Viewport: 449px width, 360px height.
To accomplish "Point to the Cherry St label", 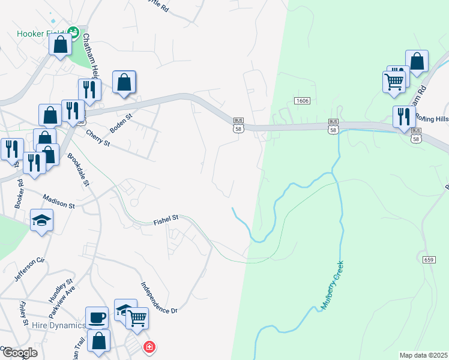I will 98,139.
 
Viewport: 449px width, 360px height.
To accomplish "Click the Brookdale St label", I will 78,170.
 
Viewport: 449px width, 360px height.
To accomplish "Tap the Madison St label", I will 59,201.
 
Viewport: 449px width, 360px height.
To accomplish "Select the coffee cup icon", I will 97,316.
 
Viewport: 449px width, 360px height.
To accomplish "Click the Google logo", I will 20,353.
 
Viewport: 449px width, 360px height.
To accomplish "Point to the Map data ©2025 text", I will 423,355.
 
